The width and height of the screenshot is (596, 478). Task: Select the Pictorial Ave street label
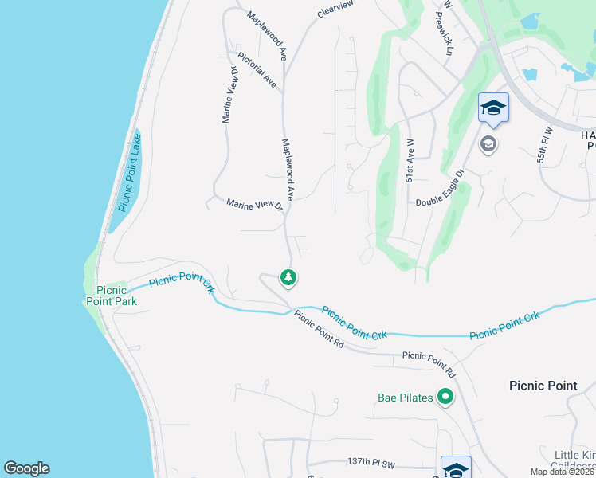257,70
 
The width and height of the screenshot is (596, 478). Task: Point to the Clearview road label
334,9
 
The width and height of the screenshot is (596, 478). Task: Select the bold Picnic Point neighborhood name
543,386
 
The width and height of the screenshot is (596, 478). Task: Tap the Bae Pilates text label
405,398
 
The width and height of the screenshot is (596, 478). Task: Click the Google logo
26,468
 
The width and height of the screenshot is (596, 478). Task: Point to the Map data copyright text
563,472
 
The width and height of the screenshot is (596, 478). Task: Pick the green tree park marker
288,277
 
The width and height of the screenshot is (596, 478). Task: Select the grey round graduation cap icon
488,144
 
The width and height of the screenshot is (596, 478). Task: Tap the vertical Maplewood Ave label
288,168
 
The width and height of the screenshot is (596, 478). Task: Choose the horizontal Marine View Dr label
255,205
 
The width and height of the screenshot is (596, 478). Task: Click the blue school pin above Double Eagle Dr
493,108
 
